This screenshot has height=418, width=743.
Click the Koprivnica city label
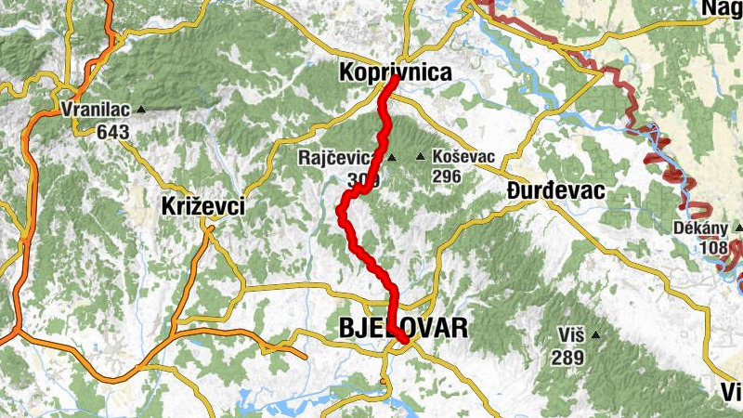[395, 72]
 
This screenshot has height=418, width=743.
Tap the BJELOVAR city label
[404, 327]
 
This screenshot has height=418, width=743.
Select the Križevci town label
[202, 206]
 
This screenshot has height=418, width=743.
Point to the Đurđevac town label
[556, 191]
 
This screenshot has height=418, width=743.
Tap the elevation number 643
[112, 131]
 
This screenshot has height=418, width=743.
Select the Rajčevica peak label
[335, 158]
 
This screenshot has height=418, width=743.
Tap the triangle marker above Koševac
[420, 158]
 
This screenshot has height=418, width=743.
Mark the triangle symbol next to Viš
[594, 335]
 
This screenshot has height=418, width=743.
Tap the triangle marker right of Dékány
[737, 229]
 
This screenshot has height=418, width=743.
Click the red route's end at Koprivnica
[394, 79]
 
